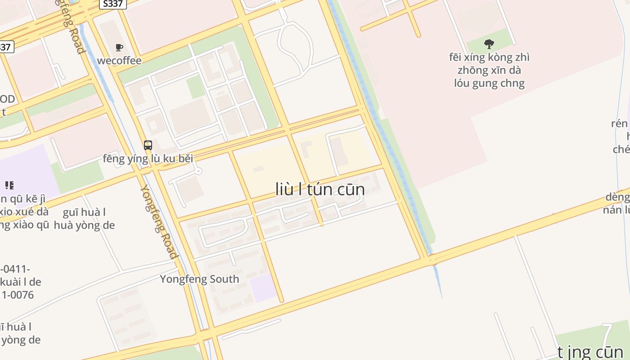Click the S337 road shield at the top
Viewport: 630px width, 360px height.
[x=113, y=4]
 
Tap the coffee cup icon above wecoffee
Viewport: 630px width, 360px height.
[x=119, y=48]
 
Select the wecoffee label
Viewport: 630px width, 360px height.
[x=119, y=61]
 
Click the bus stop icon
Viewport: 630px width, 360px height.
[x=148, y=145]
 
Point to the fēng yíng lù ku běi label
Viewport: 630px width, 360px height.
[x=148, y=158]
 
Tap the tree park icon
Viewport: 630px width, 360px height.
[x=489, y=44]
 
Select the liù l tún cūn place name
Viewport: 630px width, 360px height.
[x=320, y=189]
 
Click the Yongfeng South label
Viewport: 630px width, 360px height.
[x=199, y=279]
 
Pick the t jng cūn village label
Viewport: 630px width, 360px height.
[x=590, y=352]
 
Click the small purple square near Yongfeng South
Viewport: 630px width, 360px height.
[x=264, y=288]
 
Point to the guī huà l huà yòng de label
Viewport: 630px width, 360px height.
[x=84, y=219]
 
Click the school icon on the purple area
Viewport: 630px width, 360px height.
[x=9, y=185]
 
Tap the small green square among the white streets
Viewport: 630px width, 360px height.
[x=196, y=87]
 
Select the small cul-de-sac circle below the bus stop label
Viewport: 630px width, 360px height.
[x=198, y=171]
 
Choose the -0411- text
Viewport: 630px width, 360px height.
[x=14, y=270]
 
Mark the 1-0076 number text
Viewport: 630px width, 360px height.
[x=18, y=295]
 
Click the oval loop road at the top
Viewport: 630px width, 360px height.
[x=295, y=45]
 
